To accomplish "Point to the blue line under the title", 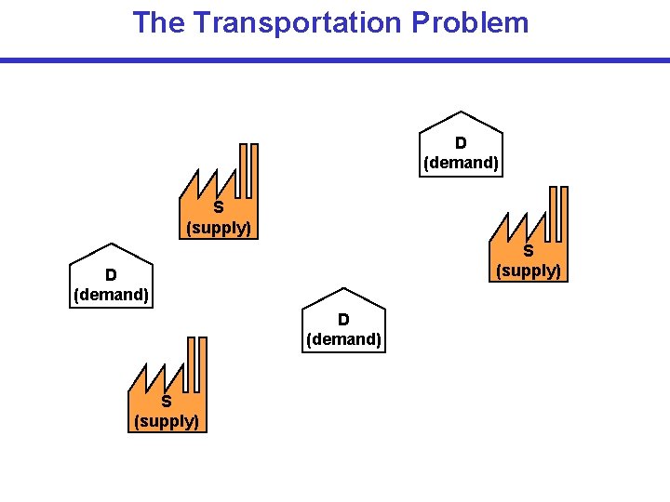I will click(x=335, y=60).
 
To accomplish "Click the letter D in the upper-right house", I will click(x=461, y=143).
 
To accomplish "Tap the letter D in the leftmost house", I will click(x=111, y=275).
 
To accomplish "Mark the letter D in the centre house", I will click(x=343, y=320).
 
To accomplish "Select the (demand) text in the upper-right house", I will click(x=461, y=163).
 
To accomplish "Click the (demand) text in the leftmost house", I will click(x=111, y=296).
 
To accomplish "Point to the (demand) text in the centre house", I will click(x=343, y=339).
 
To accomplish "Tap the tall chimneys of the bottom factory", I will click(x=196, y=363).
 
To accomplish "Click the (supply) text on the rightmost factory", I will click(x=528, y=271).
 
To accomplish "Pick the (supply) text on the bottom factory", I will click(x=167, y=421).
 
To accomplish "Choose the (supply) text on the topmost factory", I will click(x=219, y=228).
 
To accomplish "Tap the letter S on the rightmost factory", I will click(x=528, y=251).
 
